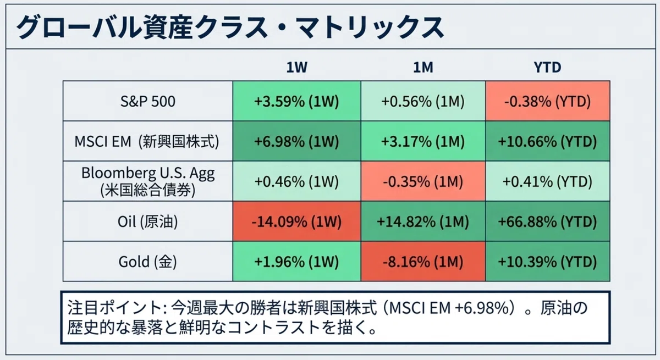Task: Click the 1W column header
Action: (x=296, y=68)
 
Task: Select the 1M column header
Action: (x=423, y=68)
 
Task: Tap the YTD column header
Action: (x=547, y=68)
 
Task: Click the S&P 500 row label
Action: (x=147, y=101)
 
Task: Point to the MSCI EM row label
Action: (x=147, y=141)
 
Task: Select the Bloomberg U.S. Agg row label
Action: (x=147, y=181)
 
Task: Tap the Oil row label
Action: (x=147, y=221)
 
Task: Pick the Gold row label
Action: (x=147, y=262)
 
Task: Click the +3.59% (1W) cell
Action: (x=296, y=101)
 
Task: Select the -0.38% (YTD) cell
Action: (x=548, y=101)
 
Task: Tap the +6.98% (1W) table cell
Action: (x=296, y=141)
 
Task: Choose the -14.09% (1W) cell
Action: (x=296, y=221)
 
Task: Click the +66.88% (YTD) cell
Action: (x=548, y=221)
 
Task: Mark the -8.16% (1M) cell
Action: (x=423, y=262)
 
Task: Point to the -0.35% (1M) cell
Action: (x=423, y=181)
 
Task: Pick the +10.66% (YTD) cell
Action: (x=548, y=141)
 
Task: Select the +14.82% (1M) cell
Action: (x=423, y=221)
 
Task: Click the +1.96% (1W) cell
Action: (x=296, y=262)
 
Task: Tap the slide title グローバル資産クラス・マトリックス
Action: (x=230, y=27)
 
